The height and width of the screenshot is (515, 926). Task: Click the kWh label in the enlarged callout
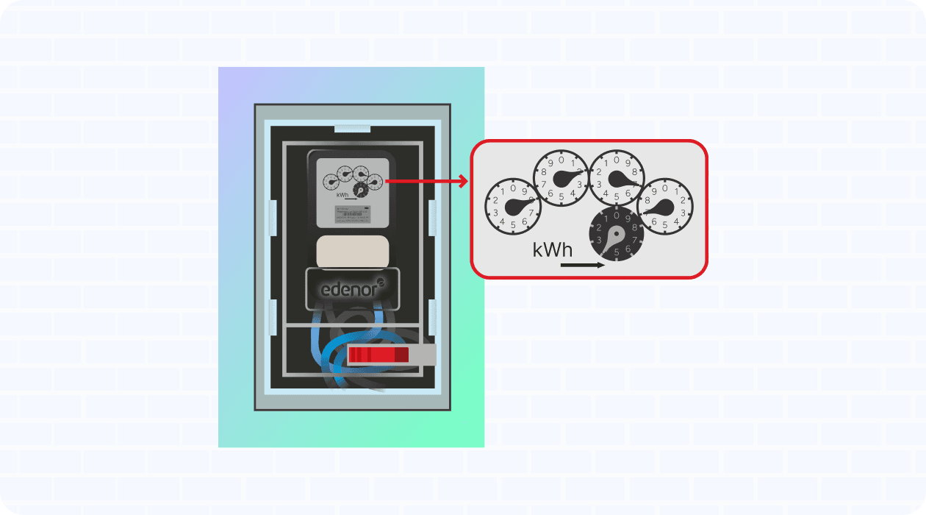[553, 250]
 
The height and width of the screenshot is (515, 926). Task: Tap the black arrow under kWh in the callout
[582, 265]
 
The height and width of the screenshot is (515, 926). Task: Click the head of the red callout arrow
[464, 180]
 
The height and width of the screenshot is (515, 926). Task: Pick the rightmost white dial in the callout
[665, 206]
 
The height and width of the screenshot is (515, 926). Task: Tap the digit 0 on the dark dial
[616, 216]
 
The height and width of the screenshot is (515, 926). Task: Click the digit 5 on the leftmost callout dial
[513, 224]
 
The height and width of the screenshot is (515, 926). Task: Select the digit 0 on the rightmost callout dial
[665, 188]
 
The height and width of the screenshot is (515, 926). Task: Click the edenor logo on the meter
[353, 289]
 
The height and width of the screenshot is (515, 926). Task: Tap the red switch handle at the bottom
[378, 355]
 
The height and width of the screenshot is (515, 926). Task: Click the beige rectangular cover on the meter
[352, 252]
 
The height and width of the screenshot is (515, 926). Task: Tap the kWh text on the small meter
[342, 195]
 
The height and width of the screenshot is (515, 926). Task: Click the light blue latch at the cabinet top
[352, 129]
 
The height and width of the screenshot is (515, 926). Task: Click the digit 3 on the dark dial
[600, 240]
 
